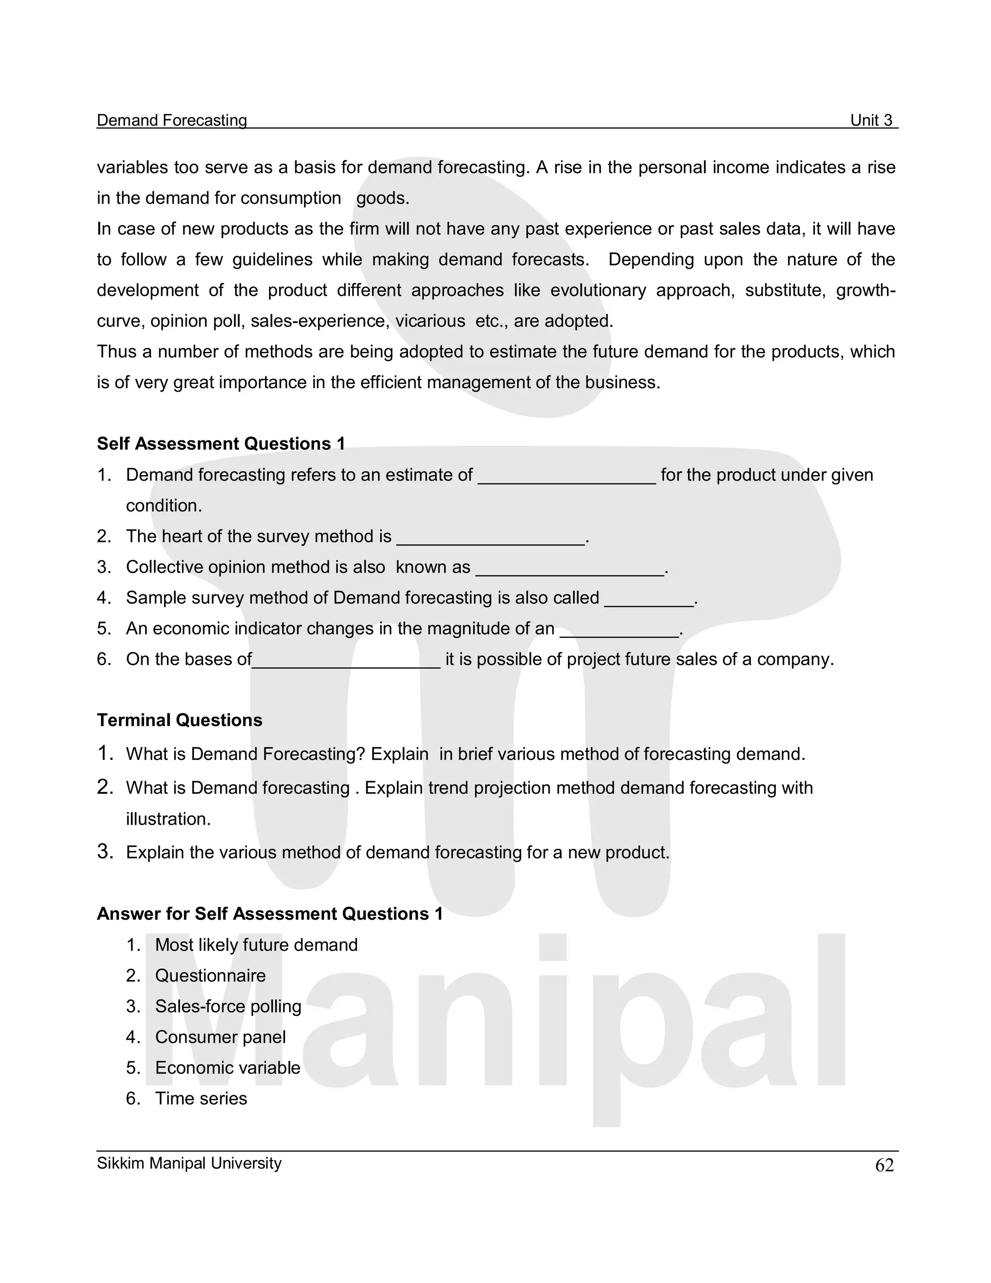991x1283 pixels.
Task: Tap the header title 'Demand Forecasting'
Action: [x=171, y=121]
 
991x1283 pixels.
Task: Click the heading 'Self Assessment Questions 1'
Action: [x=221, y=443]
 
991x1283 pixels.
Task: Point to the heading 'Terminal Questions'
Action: [x=180, y=720]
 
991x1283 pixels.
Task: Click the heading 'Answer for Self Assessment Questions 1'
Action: [x=270, y=914]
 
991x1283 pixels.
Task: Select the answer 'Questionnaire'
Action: [x=210, y=975]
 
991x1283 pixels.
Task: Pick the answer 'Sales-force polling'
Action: [x=228, y=1006]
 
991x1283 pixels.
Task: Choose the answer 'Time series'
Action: [x=201, y=1099]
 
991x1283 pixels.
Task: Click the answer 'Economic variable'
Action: [x=227, y=1068]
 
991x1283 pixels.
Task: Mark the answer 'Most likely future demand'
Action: [x=256, y=945]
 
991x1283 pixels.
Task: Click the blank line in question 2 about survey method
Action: [x=491, y=539]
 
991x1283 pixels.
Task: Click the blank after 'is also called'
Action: [x=648, y=601]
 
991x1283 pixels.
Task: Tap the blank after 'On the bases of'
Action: [x=346, y=663]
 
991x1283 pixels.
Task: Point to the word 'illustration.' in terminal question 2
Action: [x=168, y=819]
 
